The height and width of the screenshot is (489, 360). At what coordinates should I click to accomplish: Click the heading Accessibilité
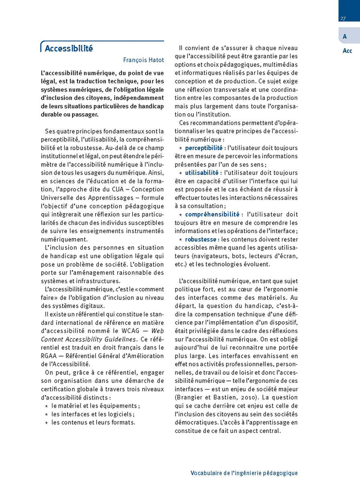coord(69,49)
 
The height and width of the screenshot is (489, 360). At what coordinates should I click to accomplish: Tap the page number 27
coord(343,19)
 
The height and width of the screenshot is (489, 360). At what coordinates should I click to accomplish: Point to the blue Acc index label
coord(347,51)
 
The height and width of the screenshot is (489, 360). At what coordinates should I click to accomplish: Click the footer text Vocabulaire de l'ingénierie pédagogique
coord(244,473)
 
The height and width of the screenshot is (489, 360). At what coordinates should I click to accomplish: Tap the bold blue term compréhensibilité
coord(212,214)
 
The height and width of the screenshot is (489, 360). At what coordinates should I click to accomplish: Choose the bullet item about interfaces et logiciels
coord(93,414)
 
